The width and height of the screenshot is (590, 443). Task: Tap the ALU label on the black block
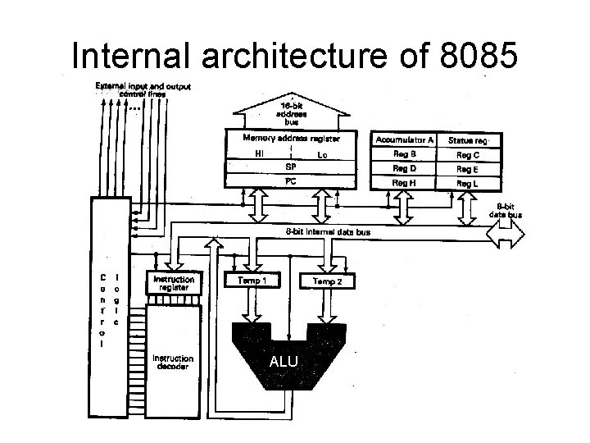pyautogui.click(x=283, y=362)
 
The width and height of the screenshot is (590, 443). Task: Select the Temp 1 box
pyautogui.click(x=252, y=281)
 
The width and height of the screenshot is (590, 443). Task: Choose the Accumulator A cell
pyautogui.click(x=404, y=140)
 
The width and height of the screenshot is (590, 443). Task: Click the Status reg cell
pyautogui.click(x=468, y=140)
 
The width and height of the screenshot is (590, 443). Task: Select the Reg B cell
pyautogui.click(x=404, y=154)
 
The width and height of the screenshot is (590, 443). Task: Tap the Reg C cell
pyautogui.click(x=468, y=154)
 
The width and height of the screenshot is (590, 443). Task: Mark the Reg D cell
pyautogui.click(x=404, y=168)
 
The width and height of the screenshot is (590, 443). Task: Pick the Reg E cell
pyautogui.click(x=468, y=168)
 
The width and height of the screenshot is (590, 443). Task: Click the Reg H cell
pyautogui.click(x=404, y=182)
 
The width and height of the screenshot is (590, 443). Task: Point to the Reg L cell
pyautogui.click(x=468, y=182)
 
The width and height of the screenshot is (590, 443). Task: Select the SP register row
pyautogui.click(x=291, y=167)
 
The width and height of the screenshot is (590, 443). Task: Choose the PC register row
pyautogui.click(x=291, y=181)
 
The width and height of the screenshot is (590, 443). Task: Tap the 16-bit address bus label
pyautogui.click(x=291, y=113)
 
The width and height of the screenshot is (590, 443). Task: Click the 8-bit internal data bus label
pyautogui.click(x=328, y=232)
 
